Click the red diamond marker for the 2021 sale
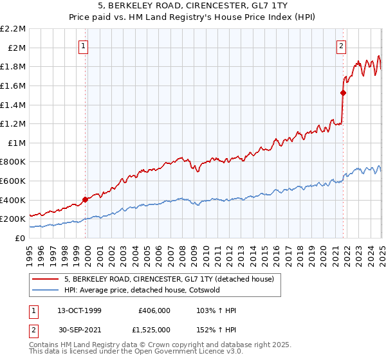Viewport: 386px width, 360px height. pyautogui.click(x=343, y=93)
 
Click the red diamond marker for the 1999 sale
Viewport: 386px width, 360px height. pyautogui.click(x=85, y=199)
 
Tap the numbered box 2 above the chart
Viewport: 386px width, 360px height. pyautogui.click(x=340, y=46)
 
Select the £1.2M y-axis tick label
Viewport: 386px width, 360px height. pyautogui.click(x=14, y=123)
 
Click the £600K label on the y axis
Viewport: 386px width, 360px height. pyautogui.click(x=14, y=181)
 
